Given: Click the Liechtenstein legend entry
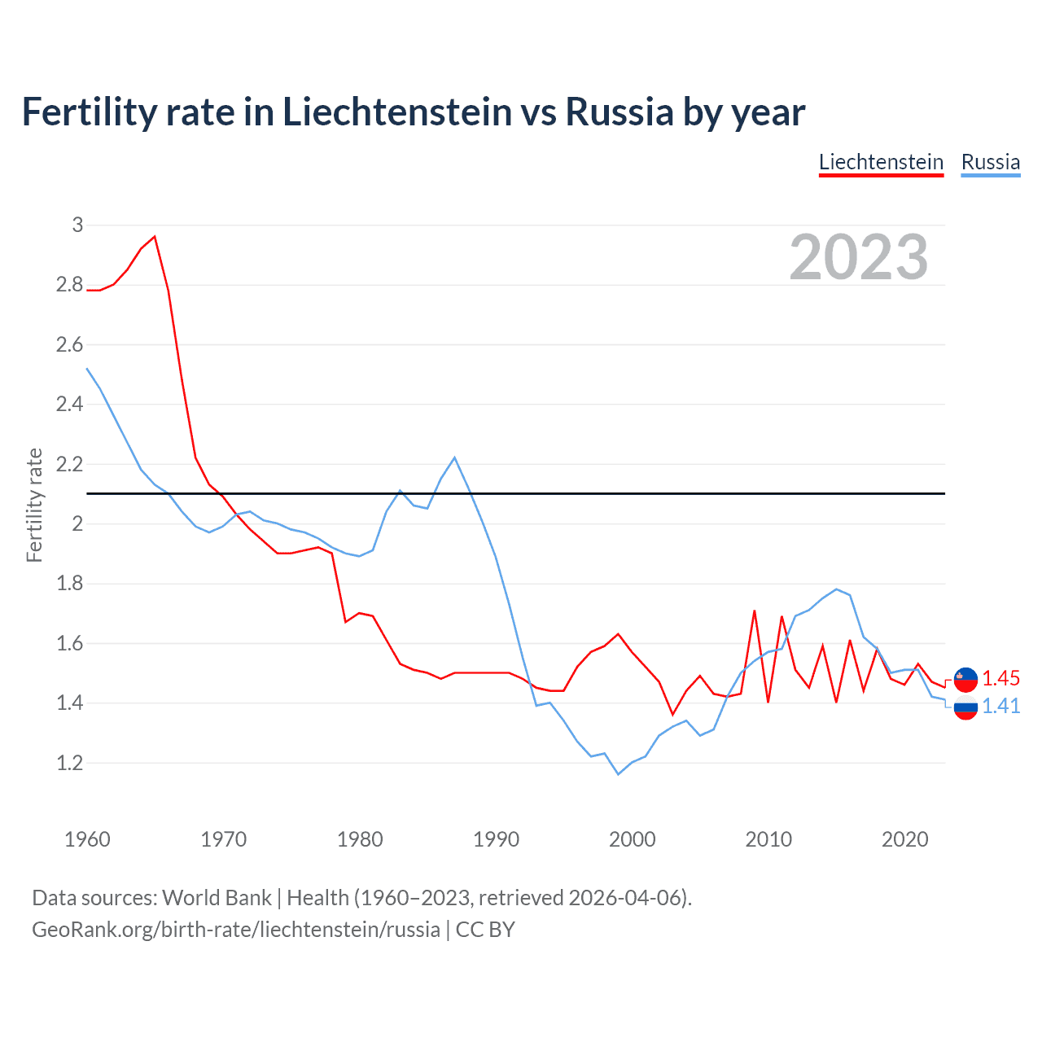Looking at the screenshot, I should click(x=881, y=162).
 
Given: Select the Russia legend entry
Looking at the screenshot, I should click(x=990, y=162).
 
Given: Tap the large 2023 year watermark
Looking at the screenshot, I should click(x=859, y=257).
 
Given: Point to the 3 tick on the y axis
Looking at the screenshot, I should click(x=77, y=225).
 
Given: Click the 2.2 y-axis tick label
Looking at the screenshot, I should click(x=69, y=464).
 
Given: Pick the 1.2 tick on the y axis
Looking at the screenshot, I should click(x=69, y=763).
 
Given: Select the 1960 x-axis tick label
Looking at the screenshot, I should click(x=87, y=839).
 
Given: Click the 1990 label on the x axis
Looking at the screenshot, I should click(x=496, y=839).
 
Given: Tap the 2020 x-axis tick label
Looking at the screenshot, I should click(x=904, y=839).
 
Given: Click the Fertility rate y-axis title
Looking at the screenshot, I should click(x=34, y=505).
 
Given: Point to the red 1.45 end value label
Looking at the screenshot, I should click(x=1000, y=679).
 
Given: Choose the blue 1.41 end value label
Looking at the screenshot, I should click(x=1000, y=706).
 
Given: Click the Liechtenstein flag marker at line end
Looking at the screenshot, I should click(x=965, y=679).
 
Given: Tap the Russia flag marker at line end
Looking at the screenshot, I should click(x=965, y=707).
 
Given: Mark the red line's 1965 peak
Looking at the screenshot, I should click(x=155, y=237).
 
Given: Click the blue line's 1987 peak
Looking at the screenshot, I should click(x=454, y=458).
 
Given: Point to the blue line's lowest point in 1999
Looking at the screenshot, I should click(x=618, y=774).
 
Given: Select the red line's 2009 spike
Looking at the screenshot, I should click(x=755, y=611).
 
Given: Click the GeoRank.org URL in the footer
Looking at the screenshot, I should click(x=236, y=930).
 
